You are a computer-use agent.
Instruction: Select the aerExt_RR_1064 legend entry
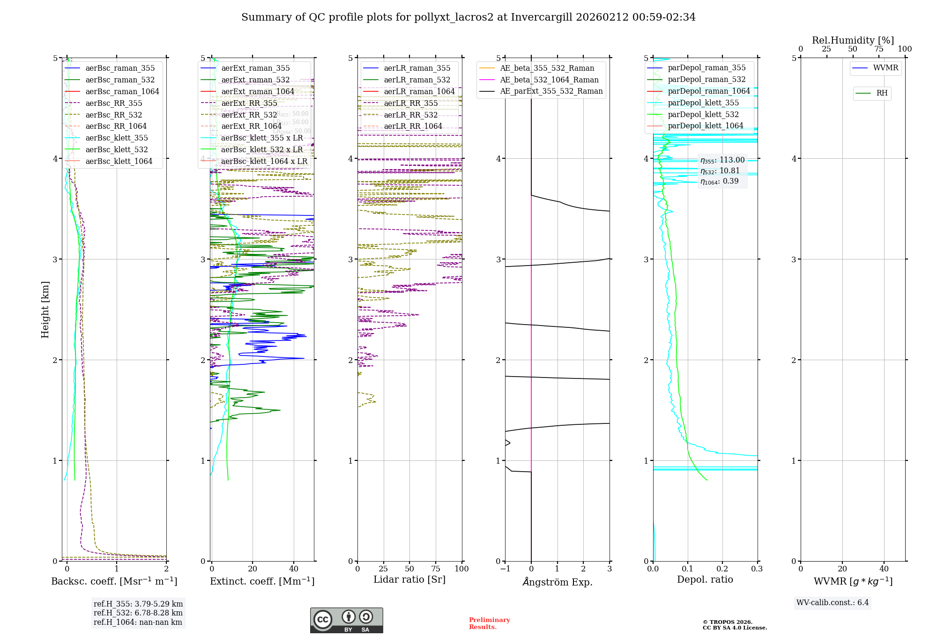251,126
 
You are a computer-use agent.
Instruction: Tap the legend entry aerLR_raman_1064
419,91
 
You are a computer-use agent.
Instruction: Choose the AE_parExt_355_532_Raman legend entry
551,91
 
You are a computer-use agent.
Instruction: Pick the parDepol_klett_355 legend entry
703,103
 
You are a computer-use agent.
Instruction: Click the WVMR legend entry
885,68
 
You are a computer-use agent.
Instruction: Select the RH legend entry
882,93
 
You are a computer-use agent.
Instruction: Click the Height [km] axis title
45,310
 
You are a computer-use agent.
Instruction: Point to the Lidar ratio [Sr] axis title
409,579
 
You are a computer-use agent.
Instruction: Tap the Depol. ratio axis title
705,579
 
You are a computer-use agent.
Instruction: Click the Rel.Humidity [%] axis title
853,40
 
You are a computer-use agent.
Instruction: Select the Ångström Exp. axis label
557,582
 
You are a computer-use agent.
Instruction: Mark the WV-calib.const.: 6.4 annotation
832,603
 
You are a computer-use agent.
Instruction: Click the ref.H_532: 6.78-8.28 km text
138,613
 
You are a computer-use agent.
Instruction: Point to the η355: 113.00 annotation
722,160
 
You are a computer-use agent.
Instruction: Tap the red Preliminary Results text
489,623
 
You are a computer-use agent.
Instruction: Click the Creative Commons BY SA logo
346,620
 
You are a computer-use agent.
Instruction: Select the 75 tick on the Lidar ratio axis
436,569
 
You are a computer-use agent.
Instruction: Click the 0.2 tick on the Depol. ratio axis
722,569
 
